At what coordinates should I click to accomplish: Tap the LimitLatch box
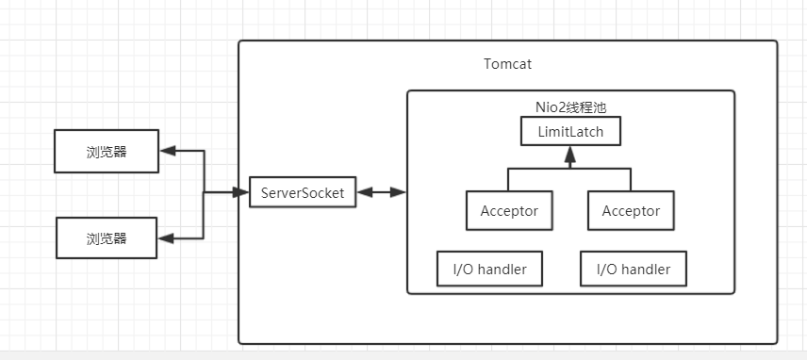coord(569,130)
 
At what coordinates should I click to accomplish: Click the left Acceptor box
coord(509,210)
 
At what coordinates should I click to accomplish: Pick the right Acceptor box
coord(631,210)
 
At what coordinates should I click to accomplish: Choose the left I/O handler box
coord(489,270)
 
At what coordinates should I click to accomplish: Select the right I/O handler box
coord(633,270)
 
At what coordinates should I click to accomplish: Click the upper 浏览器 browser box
coord(107,151)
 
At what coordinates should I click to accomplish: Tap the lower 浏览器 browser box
coord(106,238)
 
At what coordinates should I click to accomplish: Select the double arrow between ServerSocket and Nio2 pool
coord(382,193)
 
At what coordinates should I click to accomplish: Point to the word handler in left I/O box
coord(509,270)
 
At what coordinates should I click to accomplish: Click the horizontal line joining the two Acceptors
coord(569,170)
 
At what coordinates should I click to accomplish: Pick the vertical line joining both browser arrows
coord(205,193)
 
